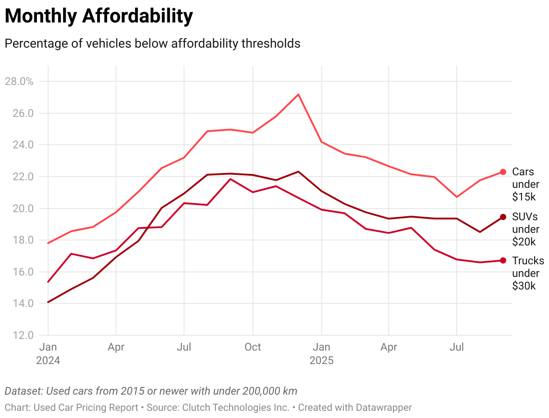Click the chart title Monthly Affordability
tap(99, 16)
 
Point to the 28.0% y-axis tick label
tap(19, 81)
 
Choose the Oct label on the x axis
tap(252, 347)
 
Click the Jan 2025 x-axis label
tap(321, 354)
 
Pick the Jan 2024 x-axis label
tap(48, 354)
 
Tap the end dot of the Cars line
tap(503, 172)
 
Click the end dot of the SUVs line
tap(503, 218)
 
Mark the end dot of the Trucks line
tap(503, 261)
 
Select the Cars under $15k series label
tap(524, 184)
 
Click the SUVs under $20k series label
tap(525, 229)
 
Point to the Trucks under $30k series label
tap(528, 273)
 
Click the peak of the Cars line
tap(298, 94)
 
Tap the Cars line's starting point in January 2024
tap(48, 243)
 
